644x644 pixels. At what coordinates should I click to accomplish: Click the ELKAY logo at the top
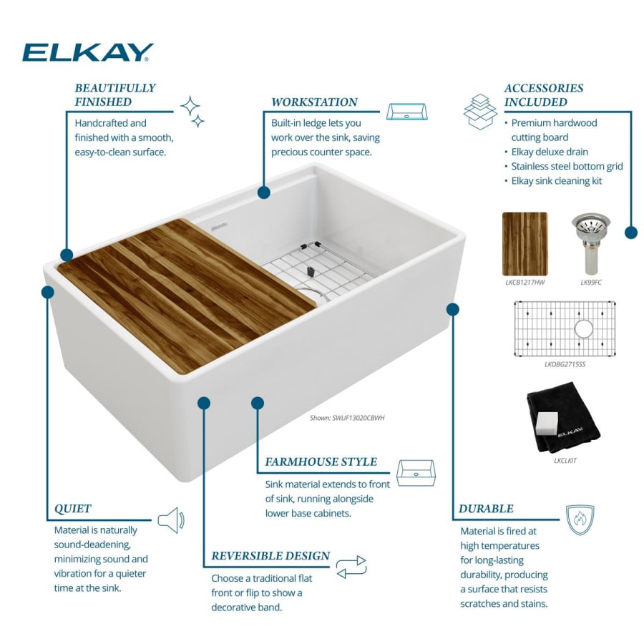pos(87,52)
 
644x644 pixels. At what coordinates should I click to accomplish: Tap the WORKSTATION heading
pos(314,102)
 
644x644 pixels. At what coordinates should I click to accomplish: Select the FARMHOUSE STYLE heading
pos(321,462)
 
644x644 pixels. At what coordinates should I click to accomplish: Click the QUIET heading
pos(73,509)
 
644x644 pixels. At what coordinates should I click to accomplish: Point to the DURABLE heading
pos(486,509)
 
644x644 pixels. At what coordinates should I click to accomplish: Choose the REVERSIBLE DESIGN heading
pos(270,556)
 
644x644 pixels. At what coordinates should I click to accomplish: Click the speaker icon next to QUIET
pos(171,520)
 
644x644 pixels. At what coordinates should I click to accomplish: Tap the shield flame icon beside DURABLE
pos(580,520)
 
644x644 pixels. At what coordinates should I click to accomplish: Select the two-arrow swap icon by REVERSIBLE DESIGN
pos(351,567)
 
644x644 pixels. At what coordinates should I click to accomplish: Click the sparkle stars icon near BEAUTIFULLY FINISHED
pos(192,110)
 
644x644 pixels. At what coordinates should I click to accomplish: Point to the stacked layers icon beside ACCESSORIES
pos(480,110)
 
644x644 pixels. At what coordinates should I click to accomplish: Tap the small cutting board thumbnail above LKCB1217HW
pos(525,243)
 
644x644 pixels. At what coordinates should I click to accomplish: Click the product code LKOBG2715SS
pos(565,364)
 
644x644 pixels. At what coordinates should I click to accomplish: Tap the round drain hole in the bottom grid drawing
pos(584,329)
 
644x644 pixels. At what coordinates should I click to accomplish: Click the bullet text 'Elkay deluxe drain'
pos(550,152)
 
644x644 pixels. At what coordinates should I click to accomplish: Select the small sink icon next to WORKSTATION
pos(406,112)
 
